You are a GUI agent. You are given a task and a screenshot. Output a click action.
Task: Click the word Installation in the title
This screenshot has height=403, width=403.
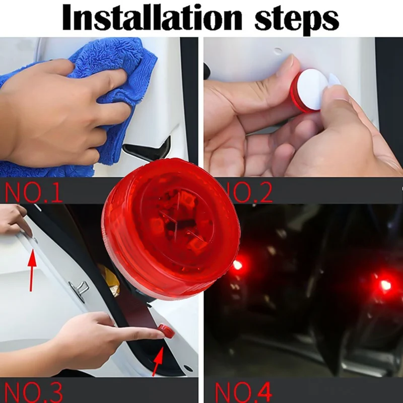point(152,17)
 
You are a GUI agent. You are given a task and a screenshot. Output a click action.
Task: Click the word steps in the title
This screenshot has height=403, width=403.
point(297,19)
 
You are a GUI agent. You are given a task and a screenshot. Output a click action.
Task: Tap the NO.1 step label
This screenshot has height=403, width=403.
point(33,192)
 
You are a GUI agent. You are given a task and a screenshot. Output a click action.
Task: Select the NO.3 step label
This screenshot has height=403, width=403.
point(33,393)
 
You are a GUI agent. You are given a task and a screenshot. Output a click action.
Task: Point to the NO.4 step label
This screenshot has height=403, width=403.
point(243,393)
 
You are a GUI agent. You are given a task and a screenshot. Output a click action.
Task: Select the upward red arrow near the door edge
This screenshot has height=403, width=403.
point(32,270)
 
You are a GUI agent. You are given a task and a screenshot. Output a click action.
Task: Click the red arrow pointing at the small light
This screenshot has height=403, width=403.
point(158,361)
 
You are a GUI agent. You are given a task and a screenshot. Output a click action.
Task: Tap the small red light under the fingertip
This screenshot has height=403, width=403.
point(167,331)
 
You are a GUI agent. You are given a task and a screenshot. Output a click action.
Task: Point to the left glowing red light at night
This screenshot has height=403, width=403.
point(238,265)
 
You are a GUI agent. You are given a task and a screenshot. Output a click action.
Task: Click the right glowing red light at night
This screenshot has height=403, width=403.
point(385,285)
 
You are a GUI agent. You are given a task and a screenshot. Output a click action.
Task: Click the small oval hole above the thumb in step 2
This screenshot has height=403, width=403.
point(278,51)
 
